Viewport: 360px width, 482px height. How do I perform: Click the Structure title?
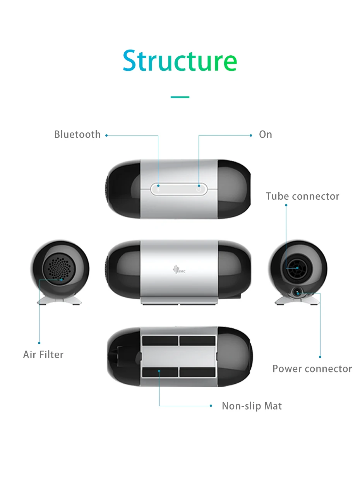pos(180,61)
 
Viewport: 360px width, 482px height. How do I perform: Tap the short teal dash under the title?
pos(180,97)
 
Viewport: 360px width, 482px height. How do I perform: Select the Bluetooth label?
pos(77,134)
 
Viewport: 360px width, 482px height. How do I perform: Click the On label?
pos(266,134)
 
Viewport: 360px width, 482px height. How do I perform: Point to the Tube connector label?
pos(302,196)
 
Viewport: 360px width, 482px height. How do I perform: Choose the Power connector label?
pos(312,369)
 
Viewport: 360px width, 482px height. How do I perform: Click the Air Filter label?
pos(43,354)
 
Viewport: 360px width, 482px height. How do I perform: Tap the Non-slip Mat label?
pos(252,406)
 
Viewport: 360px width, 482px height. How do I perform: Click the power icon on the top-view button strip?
pos(199,189)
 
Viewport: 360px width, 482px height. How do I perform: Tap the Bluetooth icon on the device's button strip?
pos(158,189)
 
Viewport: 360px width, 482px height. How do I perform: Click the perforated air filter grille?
pos(59,268)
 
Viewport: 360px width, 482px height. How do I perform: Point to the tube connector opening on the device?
pos(297,268)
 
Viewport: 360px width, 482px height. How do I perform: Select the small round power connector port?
pos(297,293)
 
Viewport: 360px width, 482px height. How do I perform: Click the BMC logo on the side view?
pos(179,270)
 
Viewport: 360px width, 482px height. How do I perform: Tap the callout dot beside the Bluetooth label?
pos(106,136)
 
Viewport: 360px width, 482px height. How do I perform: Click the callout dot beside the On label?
pos(251,136)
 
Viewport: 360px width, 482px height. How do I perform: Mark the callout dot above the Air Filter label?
pos(39,343)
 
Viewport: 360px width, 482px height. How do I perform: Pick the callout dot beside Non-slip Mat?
pos(211,406)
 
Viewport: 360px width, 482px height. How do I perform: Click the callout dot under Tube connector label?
pos(286,205)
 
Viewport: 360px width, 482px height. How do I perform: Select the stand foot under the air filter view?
pos(59,300)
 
